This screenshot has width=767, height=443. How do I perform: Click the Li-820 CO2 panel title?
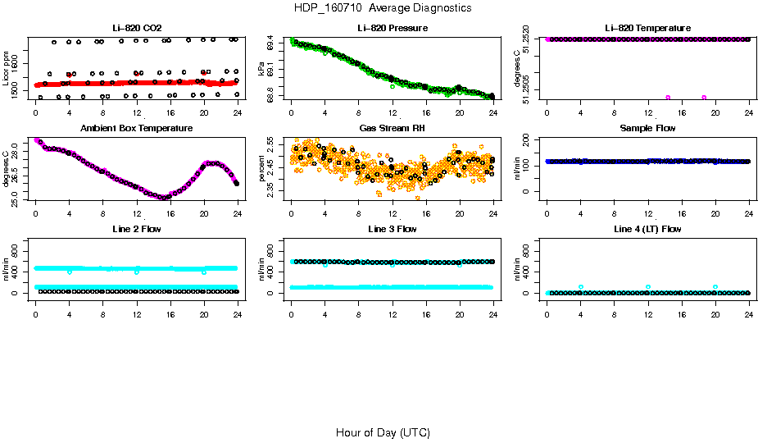136,29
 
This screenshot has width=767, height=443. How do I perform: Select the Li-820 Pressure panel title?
392,29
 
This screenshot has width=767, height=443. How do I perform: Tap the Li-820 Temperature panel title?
647,29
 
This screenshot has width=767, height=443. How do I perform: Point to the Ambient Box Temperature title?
136,129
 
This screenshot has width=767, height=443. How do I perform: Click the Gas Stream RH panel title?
392,129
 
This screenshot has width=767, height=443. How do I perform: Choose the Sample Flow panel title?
647,129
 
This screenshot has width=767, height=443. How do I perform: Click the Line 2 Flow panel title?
136,229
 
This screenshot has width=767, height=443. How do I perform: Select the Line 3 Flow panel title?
392,229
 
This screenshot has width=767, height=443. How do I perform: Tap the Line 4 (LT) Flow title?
647,229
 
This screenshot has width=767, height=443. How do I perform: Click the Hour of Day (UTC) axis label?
383,432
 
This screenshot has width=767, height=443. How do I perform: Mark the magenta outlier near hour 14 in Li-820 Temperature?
668,98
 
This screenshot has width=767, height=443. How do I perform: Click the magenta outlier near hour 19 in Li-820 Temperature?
704,98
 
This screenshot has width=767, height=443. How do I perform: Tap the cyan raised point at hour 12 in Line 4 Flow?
647,287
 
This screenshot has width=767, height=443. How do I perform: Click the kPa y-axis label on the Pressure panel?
261,71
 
